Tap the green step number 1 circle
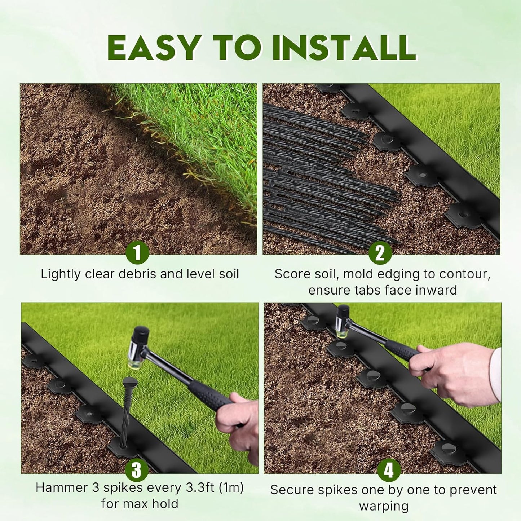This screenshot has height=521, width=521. pos(137,253)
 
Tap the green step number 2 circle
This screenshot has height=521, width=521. pos(380,253)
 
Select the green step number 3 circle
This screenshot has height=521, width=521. pos(137,470)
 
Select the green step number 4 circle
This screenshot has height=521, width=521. pos(389,470)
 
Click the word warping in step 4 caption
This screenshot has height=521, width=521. pos(384,506)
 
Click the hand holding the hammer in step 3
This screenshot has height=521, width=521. pos(239,422)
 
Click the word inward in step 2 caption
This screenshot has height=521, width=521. pos(436,290)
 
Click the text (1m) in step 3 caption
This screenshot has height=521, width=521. pos(231,488)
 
